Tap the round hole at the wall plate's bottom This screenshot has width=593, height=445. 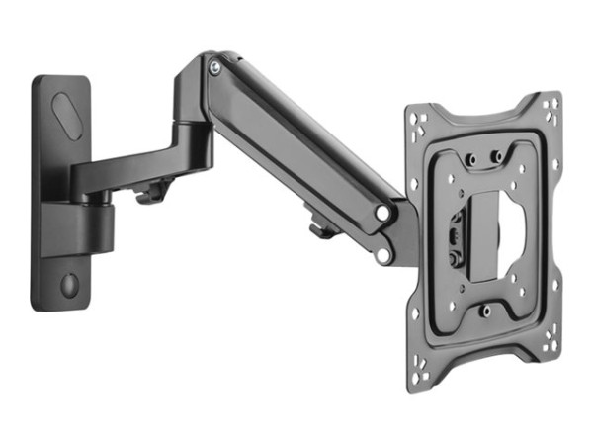point(68,284)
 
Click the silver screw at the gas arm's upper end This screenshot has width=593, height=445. point(214,67)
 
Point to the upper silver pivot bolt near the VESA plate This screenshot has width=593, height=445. point(381,213)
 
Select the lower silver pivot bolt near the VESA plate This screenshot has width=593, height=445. point(381,256)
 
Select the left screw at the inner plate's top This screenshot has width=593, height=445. point(472,156)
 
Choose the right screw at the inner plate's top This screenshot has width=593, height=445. point(497,156)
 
